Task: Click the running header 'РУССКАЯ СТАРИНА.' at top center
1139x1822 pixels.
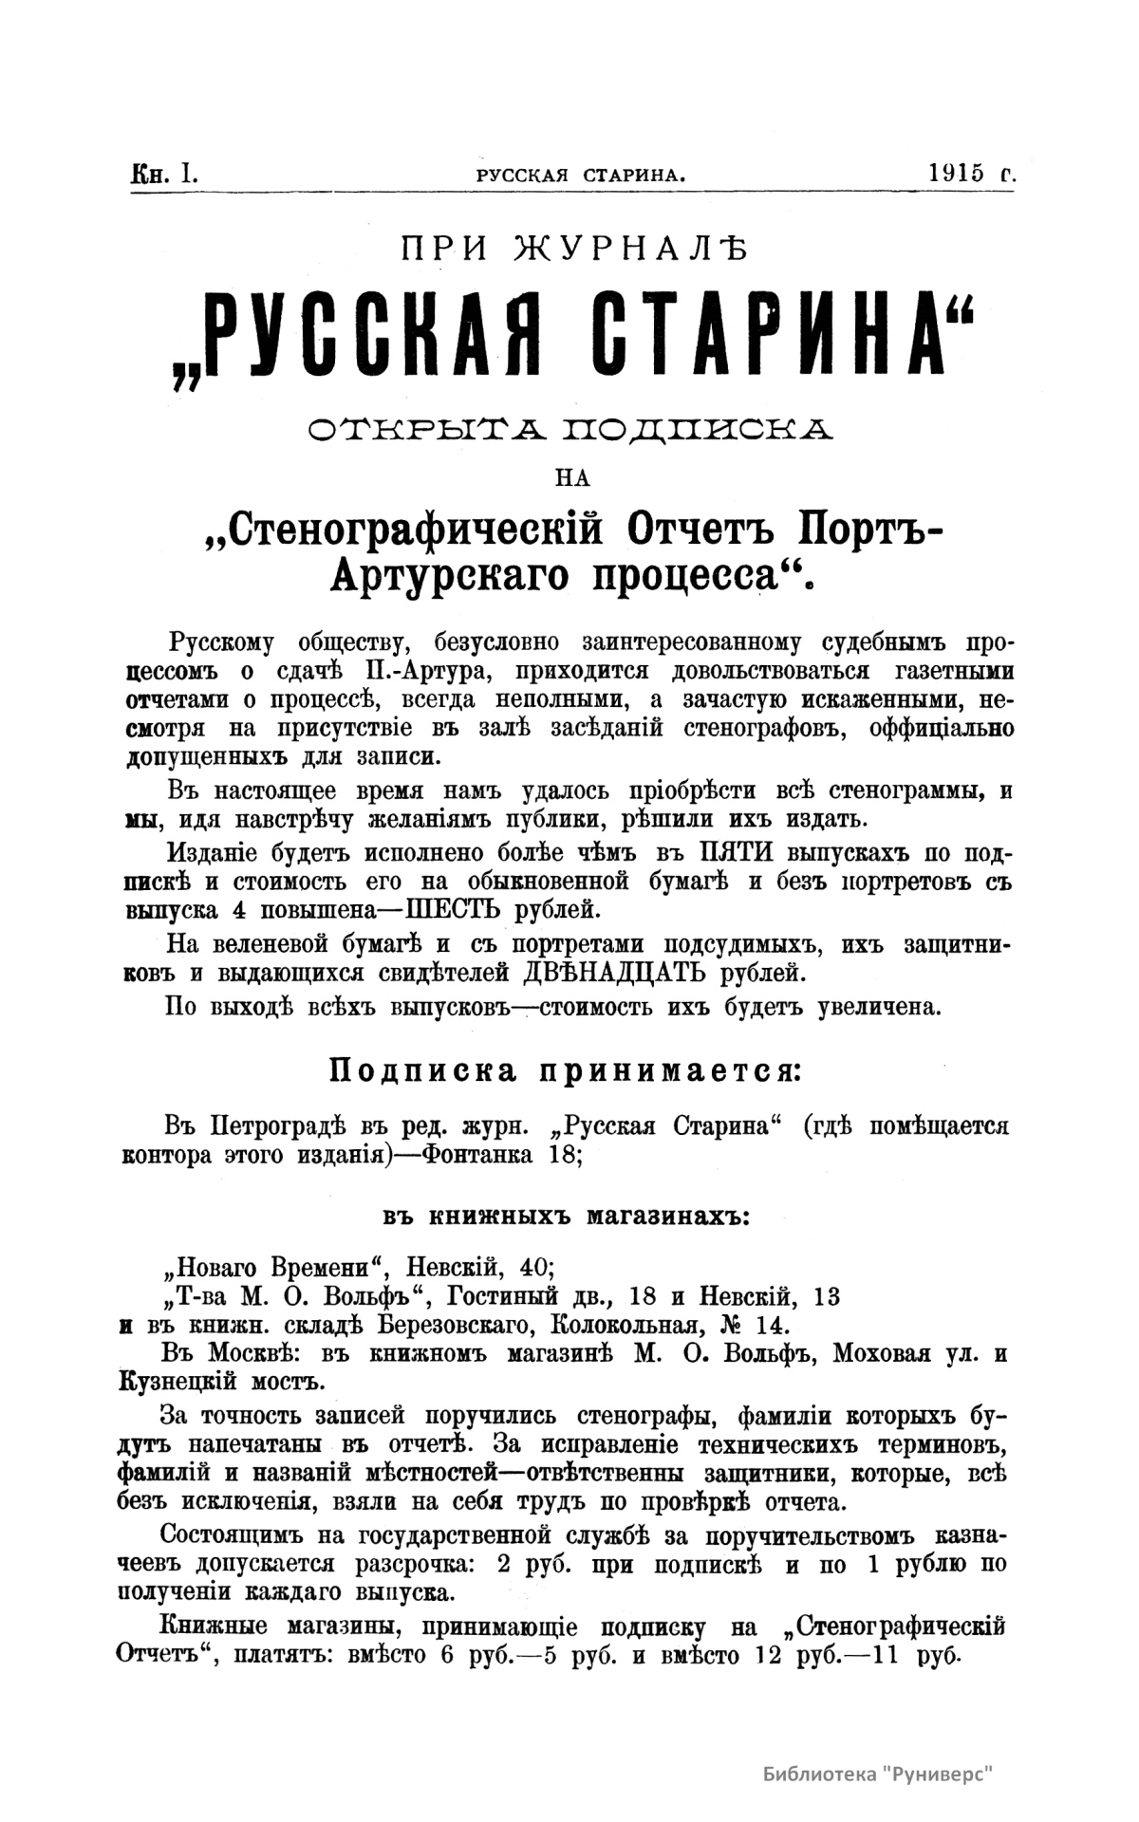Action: click(581, 175)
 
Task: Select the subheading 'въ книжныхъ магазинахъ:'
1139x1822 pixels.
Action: click(567, 1216)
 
